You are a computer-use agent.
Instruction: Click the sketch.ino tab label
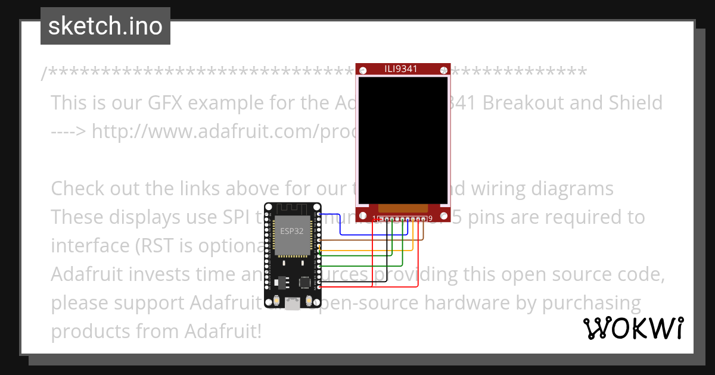[105, 26]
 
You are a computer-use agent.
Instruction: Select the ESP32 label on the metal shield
[291, 230]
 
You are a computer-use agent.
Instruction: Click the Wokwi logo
[633, 328]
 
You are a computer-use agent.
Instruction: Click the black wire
[357, 281]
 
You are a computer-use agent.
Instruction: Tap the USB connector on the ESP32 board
[293, 304]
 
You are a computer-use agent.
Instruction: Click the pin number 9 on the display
[430, 219]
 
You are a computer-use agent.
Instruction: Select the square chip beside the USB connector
[305, 281]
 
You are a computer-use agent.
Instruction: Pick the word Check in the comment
[77, 189]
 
